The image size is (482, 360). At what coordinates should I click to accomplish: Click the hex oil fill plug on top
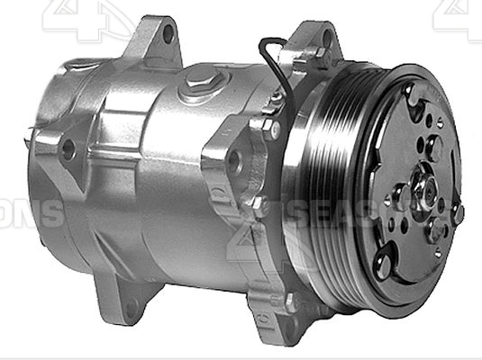pos(199,88)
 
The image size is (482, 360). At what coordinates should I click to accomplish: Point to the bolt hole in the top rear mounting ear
pos(168,33)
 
